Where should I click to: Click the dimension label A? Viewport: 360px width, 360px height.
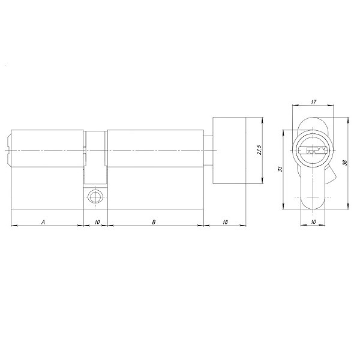pos(43,222)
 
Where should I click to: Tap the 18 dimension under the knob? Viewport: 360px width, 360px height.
pos(225,222)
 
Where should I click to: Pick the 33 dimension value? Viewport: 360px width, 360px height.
pos(280,170)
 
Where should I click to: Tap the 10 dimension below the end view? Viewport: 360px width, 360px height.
pos(313,222)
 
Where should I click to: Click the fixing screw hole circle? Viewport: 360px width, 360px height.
pos(94,196)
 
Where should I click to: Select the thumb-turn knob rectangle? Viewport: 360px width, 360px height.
pos(230,150)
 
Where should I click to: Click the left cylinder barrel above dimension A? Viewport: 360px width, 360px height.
pos(47,150)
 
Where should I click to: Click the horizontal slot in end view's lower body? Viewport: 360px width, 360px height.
pos(313,196)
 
